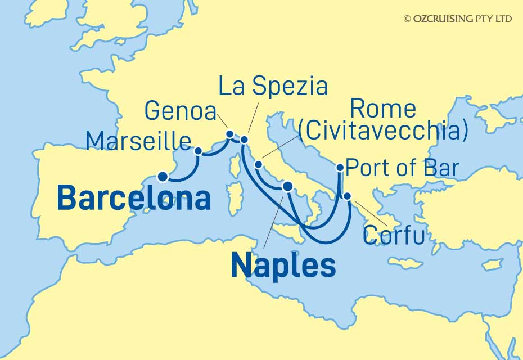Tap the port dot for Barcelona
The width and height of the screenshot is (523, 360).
(163, 177)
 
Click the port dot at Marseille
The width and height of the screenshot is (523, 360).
(198, 151)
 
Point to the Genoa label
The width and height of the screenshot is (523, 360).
(181, 111)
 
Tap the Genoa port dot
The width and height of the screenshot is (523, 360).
(229, 134)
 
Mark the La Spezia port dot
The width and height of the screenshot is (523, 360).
(245, 138)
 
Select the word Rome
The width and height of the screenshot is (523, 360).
(382, 109)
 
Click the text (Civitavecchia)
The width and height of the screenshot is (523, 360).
(383, 131)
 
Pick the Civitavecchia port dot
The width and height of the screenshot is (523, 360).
(258, 165)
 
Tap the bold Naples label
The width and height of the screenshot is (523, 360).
(283, 264)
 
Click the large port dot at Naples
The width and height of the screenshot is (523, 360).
(287, 187)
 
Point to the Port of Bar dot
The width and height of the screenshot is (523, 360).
(340, 167)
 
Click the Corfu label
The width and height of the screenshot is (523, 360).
(393, 235)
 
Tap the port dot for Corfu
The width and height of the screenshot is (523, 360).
(348, 196)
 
